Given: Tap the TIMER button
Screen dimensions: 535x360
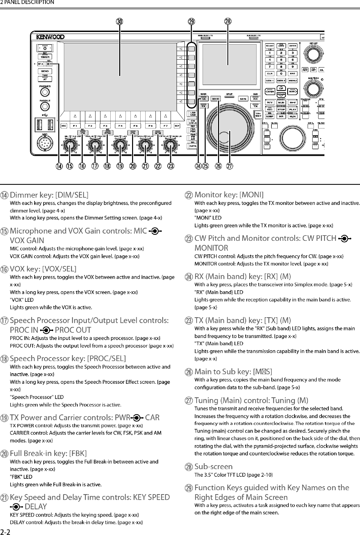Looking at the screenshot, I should (x=45, y=57).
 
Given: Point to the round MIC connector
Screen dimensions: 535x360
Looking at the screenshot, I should (x=45, y=144).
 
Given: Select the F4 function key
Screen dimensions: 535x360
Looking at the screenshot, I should (x=121, y=126).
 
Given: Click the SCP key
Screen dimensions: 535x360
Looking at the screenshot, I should (x=177, y=126).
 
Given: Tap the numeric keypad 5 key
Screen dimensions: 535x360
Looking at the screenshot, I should (x=281, y=60).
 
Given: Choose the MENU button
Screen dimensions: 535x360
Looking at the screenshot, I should (x=292, y=80).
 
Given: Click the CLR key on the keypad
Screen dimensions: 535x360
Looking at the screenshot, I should (x=270, y=73).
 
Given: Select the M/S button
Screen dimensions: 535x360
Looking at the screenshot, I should (x=244, y=99).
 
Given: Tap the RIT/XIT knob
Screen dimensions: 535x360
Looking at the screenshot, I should (x=314, y=53).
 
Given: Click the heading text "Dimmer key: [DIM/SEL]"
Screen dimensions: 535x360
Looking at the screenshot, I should (x=49, y=195).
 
